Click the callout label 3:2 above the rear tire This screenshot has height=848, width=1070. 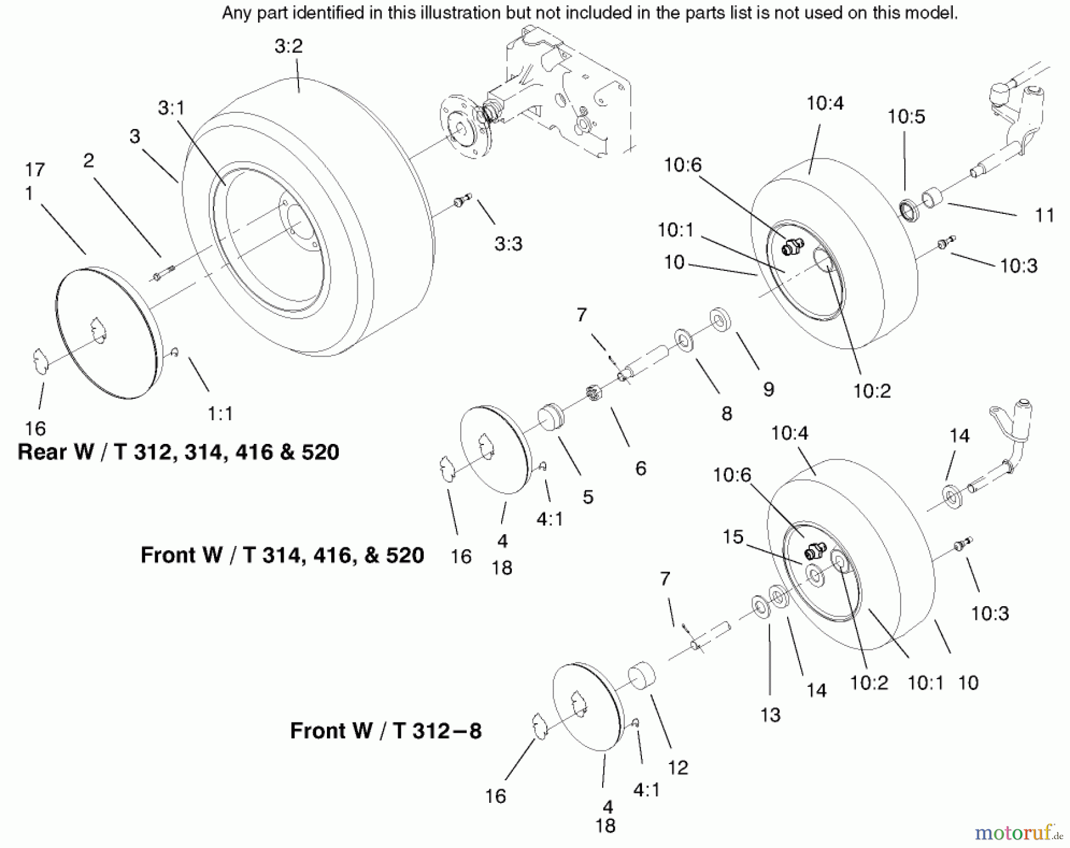point(288,46)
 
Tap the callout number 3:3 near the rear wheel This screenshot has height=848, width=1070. point(508,244)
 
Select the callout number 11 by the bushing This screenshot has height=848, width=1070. point(1044,215)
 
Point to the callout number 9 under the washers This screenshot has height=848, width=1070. point(768,390)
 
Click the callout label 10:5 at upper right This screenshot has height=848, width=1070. point(906,117)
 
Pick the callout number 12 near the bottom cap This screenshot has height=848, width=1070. point(678,768)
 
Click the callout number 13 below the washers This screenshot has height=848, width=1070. point(770,715)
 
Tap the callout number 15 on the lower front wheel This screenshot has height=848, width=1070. point(733,537)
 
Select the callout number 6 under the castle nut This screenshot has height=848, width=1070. point(640,469)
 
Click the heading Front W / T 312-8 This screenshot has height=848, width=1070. point(385,731)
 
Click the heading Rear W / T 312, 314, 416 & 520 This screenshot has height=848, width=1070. point(178,452)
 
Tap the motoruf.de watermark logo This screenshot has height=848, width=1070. point(1018,833)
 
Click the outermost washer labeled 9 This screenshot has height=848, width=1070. point(720,320)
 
